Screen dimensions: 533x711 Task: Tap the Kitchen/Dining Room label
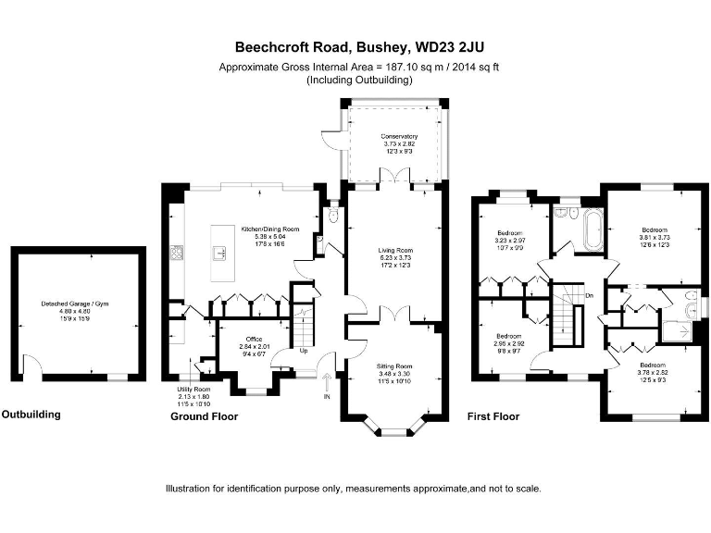pos(270,229)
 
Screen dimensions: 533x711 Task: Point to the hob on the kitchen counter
pos(177,251)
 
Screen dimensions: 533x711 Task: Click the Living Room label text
pos(394,250)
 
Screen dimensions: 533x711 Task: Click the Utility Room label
pos(194,390)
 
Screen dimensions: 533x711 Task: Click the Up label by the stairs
pos(303,351)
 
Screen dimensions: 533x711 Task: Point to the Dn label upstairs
pos(590,295)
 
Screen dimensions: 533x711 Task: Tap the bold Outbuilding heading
pos(31,415)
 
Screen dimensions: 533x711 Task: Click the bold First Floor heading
pos(495,417)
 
